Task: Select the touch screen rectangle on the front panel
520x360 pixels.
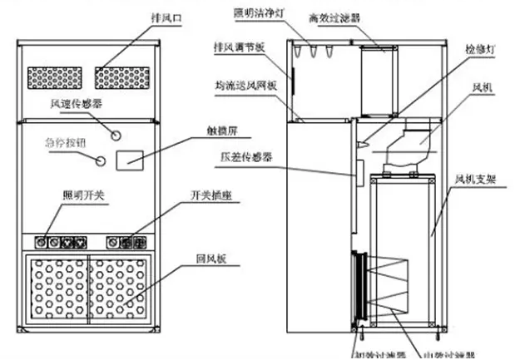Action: click(131, 159)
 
